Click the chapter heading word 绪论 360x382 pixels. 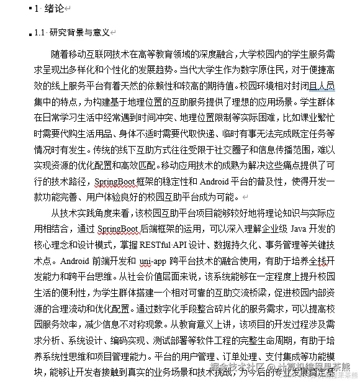tap(53, 8)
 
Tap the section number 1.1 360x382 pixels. tap(41, 32)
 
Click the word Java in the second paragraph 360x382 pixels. tap(300, 229)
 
